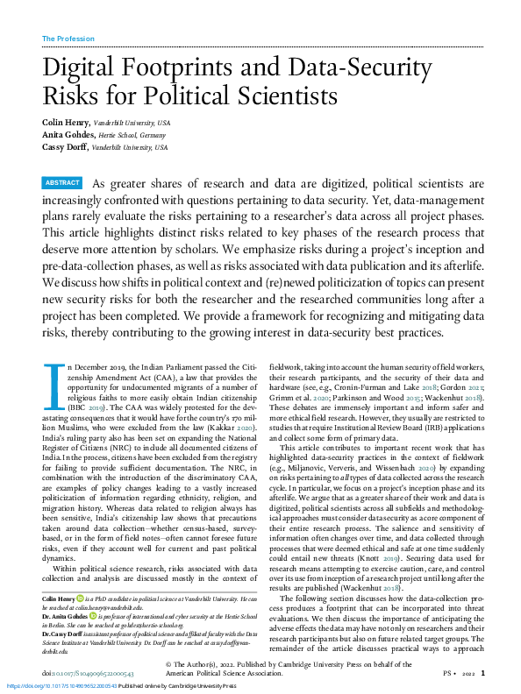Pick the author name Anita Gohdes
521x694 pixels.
(x=68, y=135)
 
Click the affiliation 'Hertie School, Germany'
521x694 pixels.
(x=132, y=135)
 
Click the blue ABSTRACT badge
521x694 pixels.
(x=62, y=183)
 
